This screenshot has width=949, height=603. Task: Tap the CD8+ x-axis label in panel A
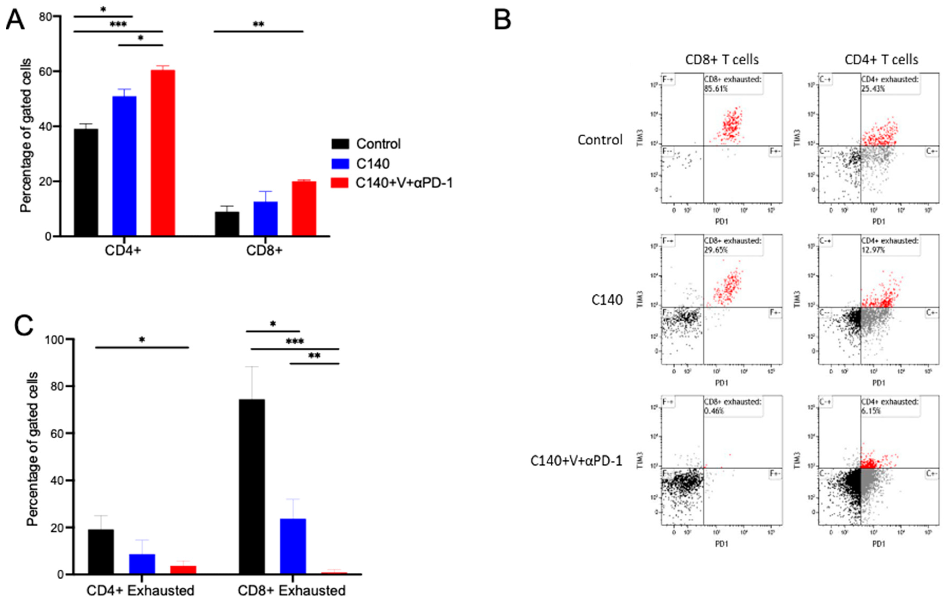pos(264,250)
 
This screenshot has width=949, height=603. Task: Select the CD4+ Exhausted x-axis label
pos(140,590)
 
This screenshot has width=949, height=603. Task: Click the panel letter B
pos(503,20)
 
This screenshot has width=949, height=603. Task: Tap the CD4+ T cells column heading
pos(881,60)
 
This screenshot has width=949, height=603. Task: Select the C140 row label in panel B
pos(607,300)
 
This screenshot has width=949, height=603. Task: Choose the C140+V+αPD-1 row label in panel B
pos(576,461)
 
